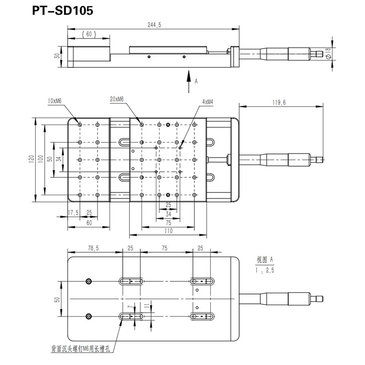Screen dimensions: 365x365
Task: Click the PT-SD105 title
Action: (x=63, y=11)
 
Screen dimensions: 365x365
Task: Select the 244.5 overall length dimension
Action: (x=154, y=25)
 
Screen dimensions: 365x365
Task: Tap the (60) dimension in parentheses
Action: (x=89, y=34)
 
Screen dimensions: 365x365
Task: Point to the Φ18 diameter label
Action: (x=328, y=53)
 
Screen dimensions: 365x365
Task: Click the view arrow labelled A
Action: (x=189, y=81)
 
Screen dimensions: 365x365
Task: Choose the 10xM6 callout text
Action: (x=54, y=101)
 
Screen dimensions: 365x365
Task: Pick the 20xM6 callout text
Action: (x=117, y=99)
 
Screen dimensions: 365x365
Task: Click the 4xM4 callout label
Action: (x=208, y=102)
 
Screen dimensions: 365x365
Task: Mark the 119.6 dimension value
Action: (x=279, y=103)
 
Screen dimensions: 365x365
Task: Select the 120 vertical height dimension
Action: (x=31, y=159)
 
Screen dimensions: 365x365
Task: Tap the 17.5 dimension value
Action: (x=73, y=212)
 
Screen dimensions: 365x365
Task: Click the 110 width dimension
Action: (x=168, y=231)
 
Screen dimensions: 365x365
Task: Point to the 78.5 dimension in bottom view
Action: (x=93, y=248)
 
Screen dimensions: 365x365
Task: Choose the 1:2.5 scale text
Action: (x=265, y=270)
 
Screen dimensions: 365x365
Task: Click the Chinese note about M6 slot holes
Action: (x=81, y=349)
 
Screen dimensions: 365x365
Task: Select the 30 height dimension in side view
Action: (x=57, y=56)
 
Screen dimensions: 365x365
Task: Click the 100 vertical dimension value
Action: (x=41, y=159)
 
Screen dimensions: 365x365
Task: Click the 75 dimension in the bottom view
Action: (x=164, y=248)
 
